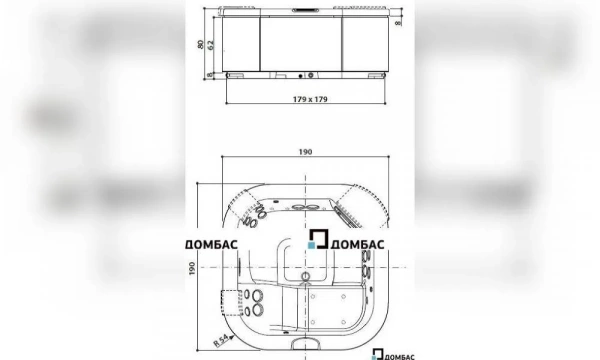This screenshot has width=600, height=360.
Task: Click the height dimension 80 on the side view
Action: click(202, 44)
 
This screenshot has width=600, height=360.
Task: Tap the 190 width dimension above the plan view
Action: click(305, 152)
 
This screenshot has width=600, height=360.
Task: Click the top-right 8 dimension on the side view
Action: click(397, 21)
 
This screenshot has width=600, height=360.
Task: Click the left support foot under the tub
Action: click(236, 75)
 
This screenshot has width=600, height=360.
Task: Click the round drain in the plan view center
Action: click(305, 271)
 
